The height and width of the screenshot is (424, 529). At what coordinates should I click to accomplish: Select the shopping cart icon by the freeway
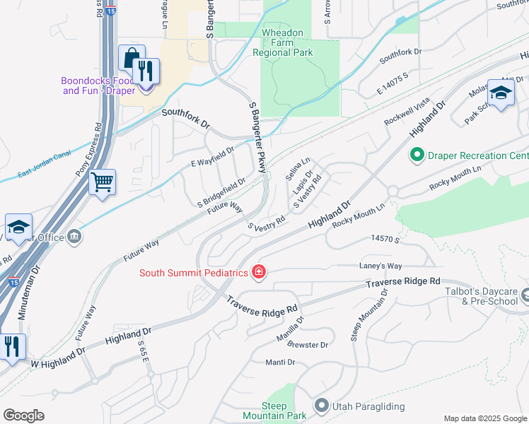pos(102,182)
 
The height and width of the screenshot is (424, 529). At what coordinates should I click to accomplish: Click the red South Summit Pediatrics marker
pos(258,272)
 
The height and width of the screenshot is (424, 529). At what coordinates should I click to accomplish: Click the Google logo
pos(23,416)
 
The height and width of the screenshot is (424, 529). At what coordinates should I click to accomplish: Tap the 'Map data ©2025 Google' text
pos(484,418)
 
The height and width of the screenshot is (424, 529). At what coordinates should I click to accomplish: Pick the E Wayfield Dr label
pos(212,158)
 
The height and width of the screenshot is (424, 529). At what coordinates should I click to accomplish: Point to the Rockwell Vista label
pos(407,112)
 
